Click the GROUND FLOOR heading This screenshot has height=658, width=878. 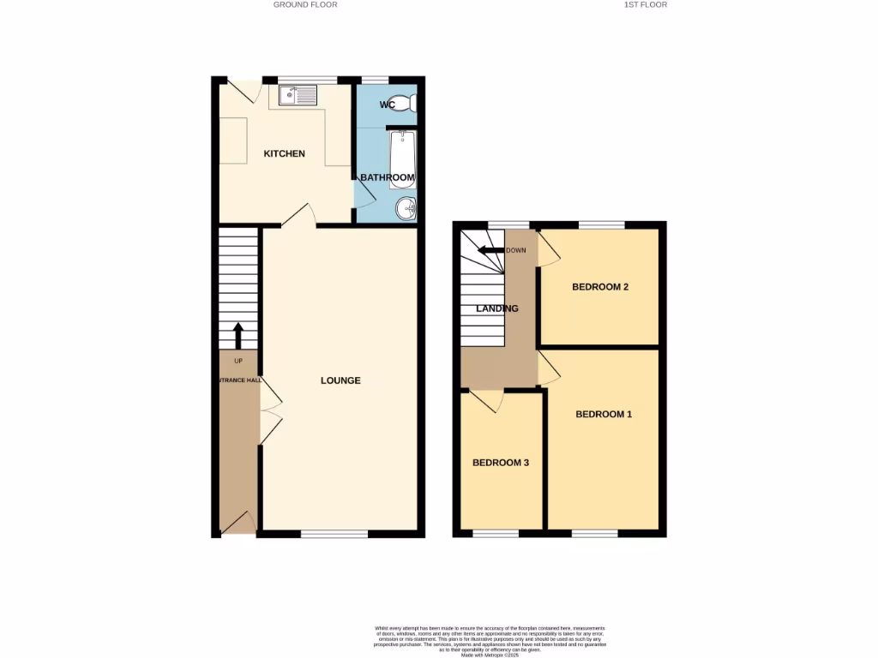pyautogui.click(x=305, y=4)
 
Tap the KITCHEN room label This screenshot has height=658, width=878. pyautogui.click(x=284, y=154)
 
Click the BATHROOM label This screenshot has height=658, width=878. pyautogui.click(x=388, y=178)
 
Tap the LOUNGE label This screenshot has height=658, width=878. pyautogui.click(x=340, y=380)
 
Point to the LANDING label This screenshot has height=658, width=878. pyautogui.click(x=497, y=308)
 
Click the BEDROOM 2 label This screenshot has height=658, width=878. pyautogui.click(x=600, y=287)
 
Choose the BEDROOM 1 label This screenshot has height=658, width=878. pyautogui.click(x=604, y=415)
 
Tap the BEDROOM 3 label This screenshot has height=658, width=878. pyautogui.click(x=501, y=463)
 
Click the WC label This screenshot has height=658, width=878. pyautogui.click(x=388, y=105)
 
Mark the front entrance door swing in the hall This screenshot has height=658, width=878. pyautogui.click(x=238, y=522)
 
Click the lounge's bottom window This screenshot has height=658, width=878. pyautogui.click(x=334, y=535)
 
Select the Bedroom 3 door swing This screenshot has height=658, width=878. pyautogui.click(x=486, y=400)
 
